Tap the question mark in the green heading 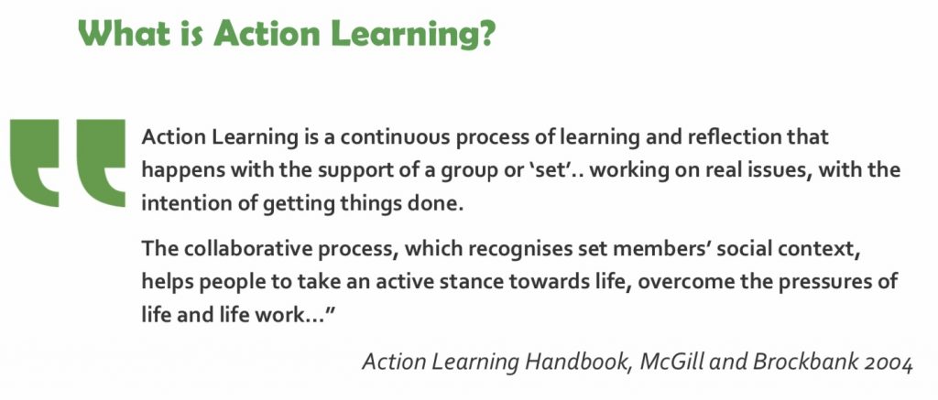point(485,33)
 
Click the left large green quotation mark point(35,163)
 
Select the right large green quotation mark point(101,163)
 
